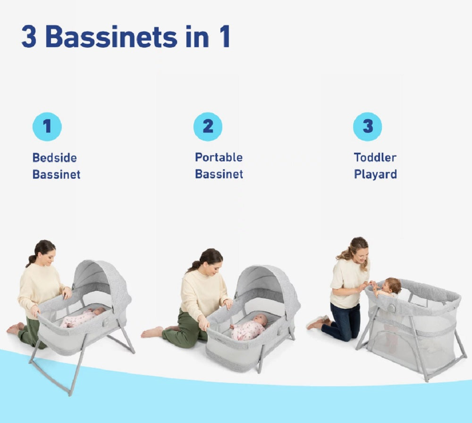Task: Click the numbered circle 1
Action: click(47, 127)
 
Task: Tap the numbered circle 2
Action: click(208, 127)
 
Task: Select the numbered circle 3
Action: click(368, 127)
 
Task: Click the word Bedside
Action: click(54, 158)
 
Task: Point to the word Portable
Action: click(219, 158)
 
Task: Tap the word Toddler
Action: click(375, 158)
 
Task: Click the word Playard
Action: click(375, 174)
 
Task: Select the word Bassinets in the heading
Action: click(111, 37)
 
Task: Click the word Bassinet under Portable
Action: click(219, 174)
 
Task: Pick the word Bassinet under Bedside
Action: click(57, 174)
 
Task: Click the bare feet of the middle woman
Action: click(152, 332)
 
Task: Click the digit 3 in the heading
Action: click(29, 37)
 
